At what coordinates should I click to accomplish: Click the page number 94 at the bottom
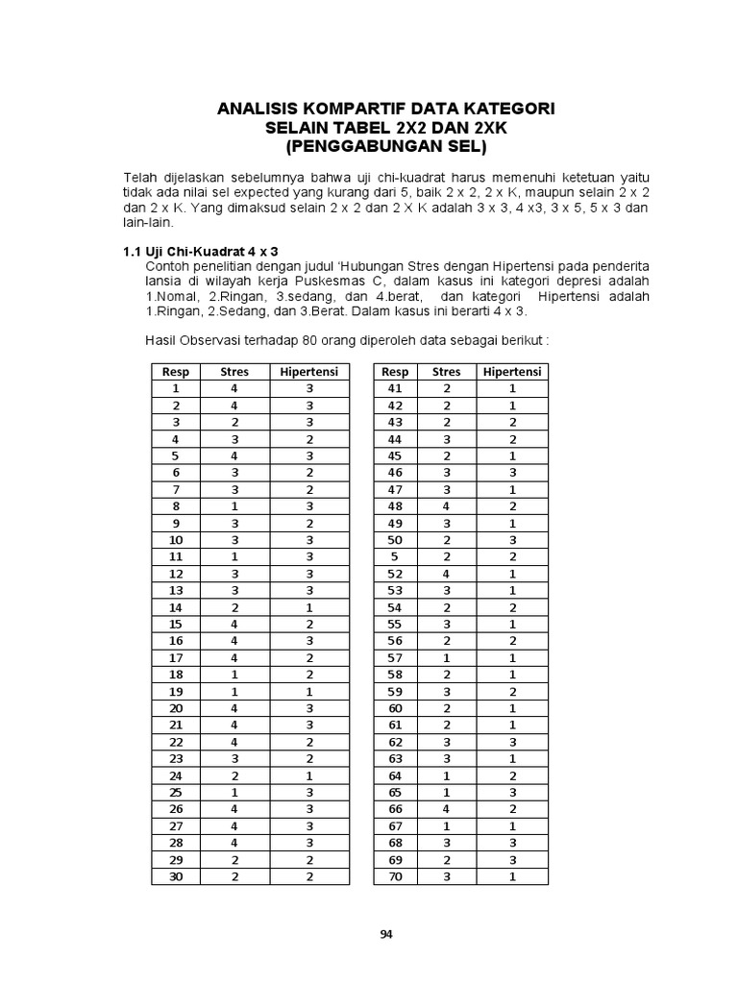coord(386,933)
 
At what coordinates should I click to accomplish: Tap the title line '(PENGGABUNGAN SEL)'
coord(386,147)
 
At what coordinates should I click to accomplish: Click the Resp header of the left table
coord(176,372)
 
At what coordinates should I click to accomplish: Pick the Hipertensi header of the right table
coord(512,372)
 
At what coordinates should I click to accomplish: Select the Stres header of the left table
coord(234,372)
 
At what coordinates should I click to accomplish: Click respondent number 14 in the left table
coord(176,607)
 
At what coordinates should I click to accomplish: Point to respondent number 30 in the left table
coord(176,877)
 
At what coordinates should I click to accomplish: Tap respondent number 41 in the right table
coord(394,388)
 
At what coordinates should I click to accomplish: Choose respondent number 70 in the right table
coord(394,877)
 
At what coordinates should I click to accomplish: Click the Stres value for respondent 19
coord(234,692)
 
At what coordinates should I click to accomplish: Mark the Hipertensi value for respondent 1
coord(310,388)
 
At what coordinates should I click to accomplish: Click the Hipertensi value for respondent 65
coord(512,793)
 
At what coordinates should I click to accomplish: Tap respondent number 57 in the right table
coord(394,658)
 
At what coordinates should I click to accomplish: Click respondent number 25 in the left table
coord(176,793)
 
